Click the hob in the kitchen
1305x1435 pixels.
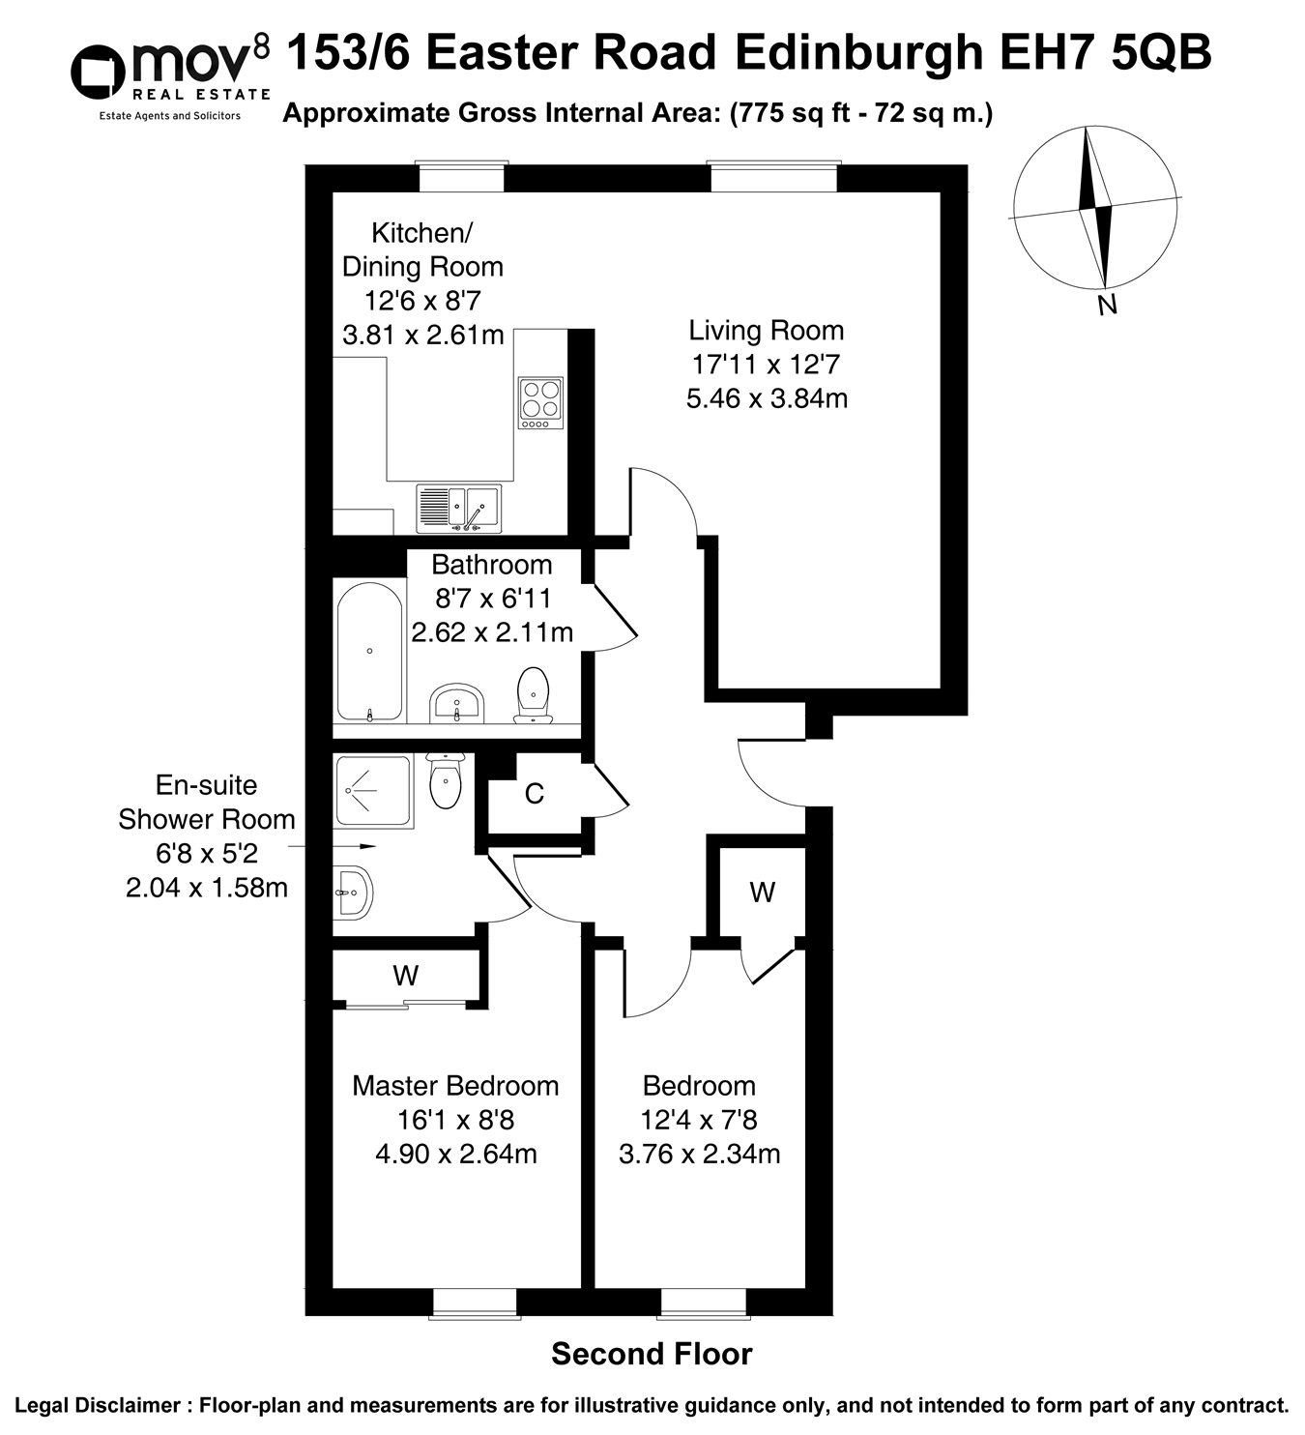click(x=540, y=402)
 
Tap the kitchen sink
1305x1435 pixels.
click(x=458, y=508)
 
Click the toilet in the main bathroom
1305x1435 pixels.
click(x=533, y=694)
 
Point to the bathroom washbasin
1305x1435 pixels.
click(x=456, y=702)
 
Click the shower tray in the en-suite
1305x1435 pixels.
click(x=372, y=791)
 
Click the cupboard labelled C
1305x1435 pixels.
click(x=534, y=794)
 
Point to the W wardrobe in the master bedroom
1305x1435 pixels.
click(x=406, y=976)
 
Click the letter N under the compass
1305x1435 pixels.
click(x=1108, y=306)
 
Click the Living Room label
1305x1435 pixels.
click(x=766, y=331)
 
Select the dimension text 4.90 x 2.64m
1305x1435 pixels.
click(x=455, y=1154)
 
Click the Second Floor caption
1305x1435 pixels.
click(x=652, y=1354)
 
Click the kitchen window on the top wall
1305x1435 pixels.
click(x=461, y=178)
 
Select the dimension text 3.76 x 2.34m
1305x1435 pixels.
click(x=699, y=1154)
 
